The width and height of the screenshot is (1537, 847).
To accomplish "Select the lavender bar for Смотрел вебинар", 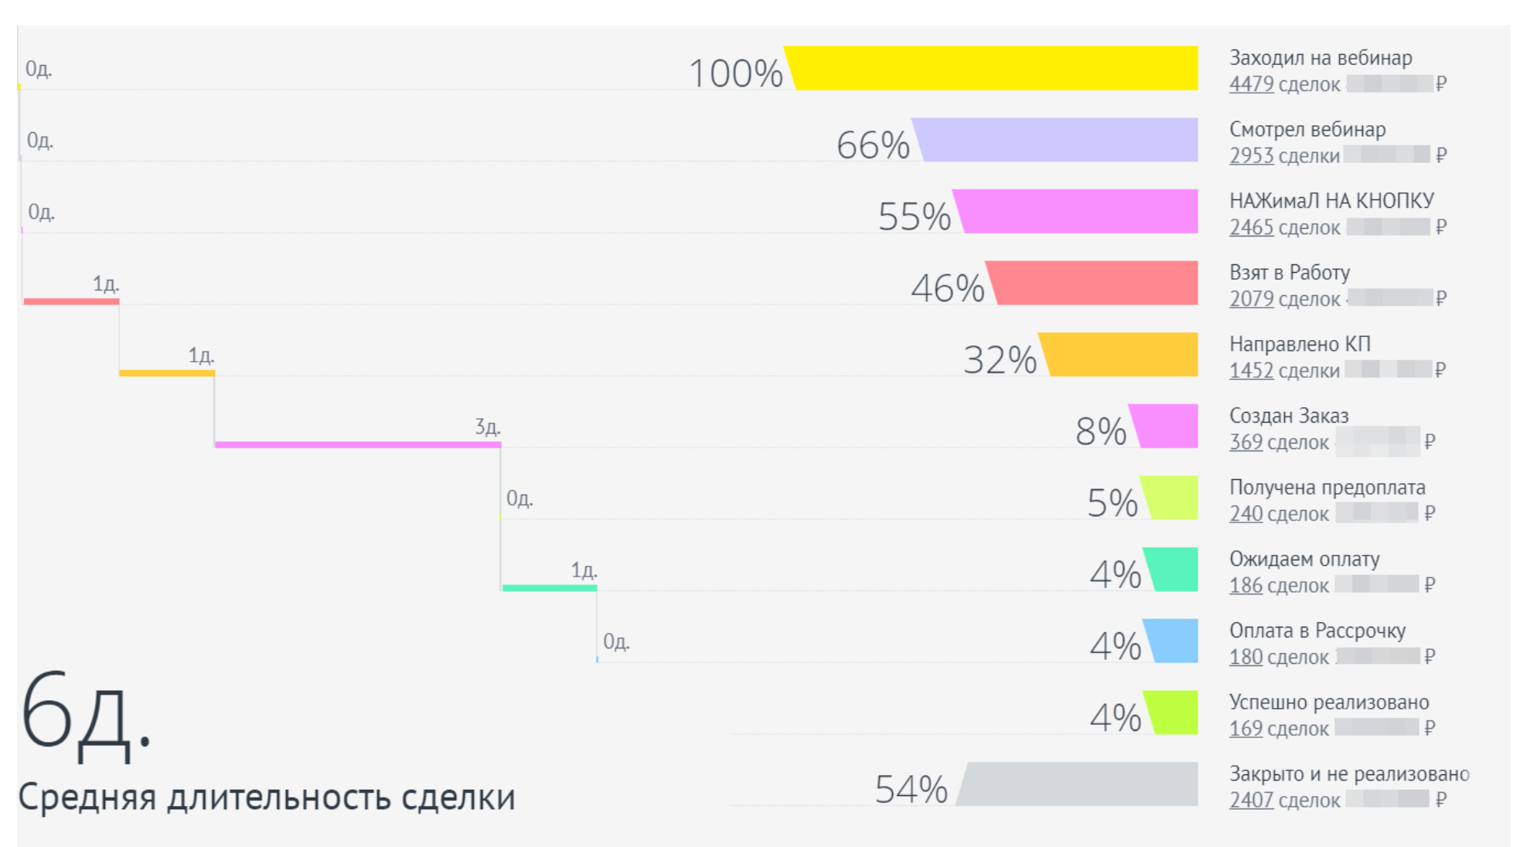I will click(1059, 140).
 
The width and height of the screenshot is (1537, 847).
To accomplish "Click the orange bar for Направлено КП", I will click(1121, 355).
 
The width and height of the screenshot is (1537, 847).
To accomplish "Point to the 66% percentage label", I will click(873, 145).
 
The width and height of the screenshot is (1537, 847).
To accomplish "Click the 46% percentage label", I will click(947, 288).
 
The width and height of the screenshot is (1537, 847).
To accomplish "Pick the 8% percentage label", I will click(1100, 431).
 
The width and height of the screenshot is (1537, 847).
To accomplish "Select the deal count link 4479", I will click(1251, 84).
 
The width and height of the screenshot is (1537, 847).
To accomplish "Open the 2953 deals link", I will click(1251, 156).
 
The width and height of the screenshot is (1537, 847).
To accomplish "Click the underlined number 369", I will click(1246, 442).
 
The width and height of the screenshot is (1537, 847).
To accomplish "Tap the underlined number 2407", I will click(1251, 800).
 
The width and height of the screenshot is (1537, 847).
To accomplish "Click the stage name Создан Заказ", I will click(1289, 416).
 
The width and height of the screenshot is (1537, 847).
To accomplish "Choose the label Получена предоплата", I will click(1327, 488).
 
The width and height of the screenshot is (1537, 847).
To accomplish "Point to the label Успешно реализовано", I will click(1329, 702).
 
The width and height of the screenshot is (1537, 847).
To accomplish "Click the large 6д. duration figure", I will click(85, 715).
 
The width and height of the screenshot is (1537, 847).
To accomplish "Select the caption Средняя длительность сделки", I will click(266, 797).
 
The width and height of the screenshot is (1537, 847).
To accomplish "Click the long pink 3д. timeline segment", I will click(357, 444).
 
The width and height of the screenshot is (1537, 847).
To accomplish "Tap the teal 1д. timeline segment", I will click(549, 588).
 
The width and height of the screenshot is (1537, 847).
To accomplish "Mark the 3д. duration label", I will click(487, 427).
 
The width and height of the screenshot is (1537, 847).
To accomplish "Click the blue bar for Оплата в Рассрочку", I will click(1174, 641).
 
